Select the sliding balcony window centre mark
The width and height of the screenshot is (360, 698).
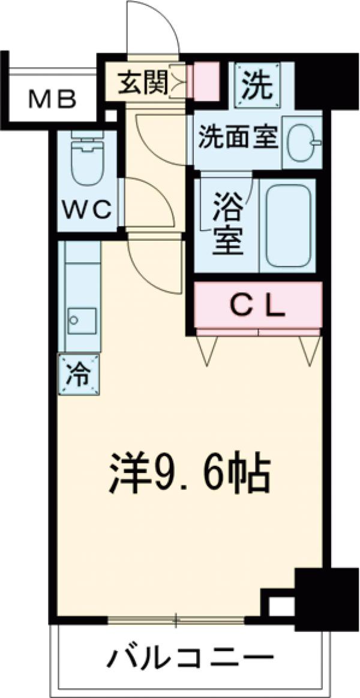point(176,619)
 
